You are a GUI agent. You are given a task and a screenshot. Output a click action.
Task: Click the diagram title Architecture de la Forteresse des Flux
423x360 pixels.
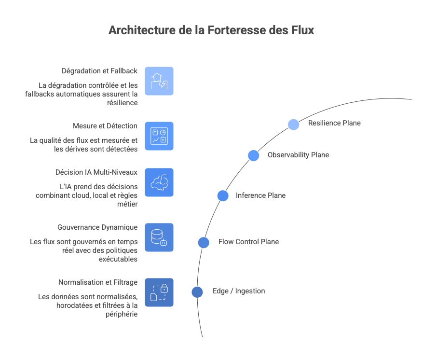(211, 30)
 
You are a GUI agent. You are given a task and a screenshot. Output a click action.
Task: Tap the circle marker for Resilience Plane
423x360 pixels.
(294, 125)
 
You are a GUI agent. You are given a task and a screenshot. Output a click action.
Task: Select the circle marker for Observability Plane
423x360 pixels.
(254, 155)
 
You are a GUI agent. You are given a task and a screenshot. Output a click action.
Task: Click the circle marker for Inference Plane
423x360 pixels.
(223, 195)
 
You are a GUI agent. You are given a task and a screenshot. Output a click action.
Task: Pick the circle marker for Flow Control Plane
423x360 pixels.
(204, 242)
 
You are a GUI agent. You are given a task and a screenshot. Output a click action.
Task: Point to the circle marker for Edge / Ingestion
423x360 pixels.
(197, 292)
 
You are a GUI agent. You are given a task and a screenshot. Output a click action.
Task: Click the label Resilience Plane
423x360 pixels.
(334, 123)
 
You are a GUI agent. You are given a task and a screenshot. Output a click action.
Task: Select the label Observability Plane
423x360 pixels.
(298, 155)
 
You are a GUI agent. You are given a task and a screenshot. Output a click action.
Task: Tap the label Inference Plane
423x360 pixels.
(260, 195)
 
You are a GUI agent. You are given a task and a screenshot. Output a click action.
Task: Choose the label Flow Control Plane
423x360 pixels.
(248, 241)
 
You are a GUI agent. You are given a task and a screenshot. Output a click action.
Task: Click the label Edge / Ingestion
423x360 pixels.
(239, 291)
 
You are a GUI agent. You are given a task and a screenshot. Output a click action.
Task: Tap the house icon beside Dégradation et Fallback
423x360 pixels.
(159, 81)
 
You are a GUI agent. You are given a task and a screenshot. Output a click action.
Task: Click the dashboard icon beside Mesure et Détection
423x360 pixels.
(159, 136)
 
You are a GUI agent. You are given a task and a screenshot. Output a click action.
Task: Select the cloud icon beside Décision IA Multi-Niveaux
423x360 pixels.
(159, 182)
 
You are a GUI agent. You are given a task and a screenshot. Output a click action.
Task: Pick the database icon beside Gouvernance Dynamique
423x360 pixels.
(159, 237)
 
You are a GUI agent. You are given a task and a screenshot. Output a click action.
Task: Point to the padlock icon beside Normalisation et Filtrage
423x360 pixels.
(159, 292)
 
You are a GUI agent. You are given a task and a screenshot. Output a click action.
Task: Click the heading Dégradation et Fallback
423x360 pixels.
(99, 70)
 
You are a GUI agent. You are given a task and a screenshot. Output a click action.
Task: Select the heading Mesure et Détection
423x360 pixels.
(105, 125)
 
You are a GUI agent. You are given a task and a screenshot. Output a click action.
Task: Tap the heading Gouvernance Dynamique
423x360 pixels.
(97, 227)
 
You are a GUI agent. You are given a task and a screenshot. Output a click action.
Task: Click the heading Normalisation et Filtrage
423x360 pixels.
(98, 282)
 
